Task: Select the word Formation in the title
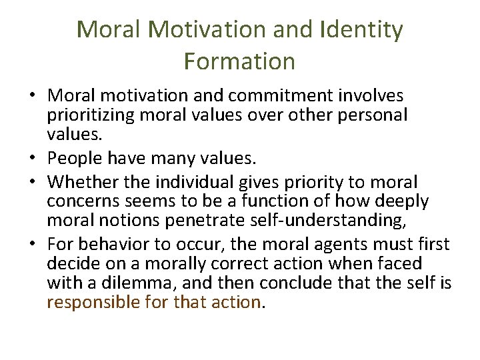tap(239, 61)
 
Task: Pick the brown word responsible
tap(93, 302)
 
